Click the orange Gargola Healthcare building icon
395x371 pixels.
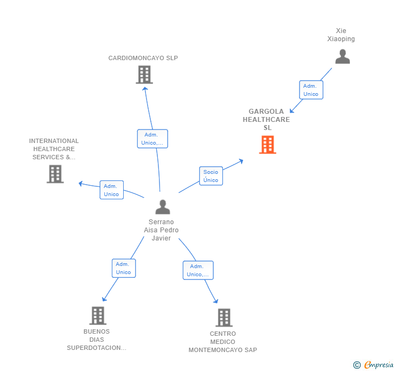coord(267,145)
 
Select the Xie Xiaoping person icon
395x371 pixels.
coord(342,56)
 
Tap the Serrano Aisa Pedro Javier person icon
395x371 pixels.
coord(163,207)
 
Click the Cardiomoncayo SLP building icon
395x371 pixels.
coord(144,74)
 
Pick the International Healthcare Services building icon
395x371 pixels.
coord(55,174)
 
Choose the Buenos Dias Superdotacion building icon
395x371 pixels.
coord(98,315)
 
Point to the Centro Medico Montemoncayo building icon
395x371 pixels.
coord(224,317)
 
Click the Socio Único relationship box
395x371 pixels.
coord(211,176)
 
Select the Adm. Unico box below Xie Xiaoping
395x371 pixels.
coord(311,90)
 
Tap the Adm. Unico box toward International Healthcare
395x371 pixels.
coord(112,190)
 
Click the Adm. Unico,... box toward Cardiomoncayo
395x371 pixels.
coord(152,139)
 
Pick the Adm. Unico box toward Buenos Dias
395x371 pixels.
coord(124,268)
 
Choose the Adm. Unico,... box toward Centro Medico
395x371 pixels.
coord(198,270)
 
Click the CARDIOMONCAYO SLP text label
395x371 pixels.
coord(143,58)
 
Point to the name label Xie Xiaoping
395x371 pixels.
coord(341,35)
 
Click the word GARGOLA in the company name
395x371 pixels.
coord(266,112)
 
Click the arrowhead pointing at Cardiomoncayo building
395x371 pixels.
coord(145,88)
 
